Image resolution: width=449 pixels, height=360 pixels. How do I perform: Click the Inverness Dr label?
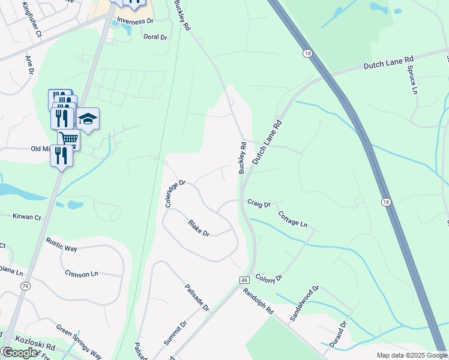point(135,21)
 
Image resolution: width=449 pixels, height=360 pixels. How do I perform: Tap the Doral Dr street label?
point(155,37)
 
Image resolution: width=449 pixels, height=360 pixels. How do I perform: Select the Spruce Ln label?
point(413,80)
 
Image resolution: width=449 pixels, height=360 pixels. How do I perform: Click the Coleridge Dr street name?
point(176,194)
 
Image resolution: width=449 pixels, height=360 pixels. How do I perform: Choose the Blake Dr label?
point(199,228)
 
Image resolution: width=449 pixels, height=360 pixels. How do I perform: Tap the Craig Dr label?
point(259,205)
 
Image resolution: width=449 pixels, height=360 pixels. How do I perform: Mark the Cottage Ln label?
point(292,219)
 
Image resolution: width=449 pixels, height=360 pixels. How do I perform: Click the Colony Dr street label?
point(268,278)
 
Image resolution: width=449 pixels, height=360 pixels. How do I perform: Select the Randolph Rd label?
point(258,302)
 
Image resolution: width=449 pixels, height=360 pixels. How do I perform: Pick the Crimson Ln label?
point(81,273)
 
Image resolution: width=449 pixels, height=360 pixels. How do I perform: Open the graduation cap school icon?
point(88,119)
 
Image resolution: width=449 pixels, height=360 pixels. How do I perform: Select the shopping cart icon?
point(68,139)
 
